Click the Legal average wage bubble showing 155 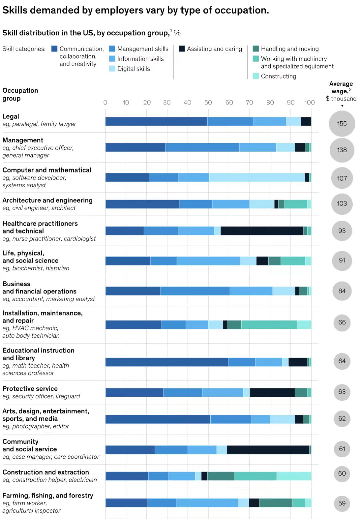click(342, 124)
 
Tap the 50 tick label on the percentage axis click(208, 103)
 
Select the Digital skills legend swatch click(112, 69)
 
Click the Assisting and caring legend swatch click(182, 49)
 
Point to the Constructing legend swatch click(256, 76)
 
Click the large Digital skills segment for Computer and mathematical click(257, 178)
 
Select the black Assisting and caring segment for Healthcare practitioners click(262, 231)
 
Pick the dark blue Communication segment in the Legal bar click(156, 122)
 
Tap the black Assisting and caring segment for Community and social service click(268, 450)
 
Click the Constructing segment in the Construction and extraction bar click(294, 476)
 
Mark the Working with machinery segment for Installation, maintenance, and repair click(269, 325)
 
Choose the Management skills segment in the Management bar click(202, 147)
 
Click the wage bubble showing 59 click(342, 503)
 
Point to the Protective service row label click(30, 389)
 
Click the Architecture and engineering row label click(47, 200)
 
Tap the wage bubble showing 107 click(342, 178)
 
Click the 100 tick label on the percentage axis click(309, 103)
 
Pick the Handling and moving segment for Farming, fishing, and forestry click(276, 503)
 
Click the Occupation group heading click(20, 94)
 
